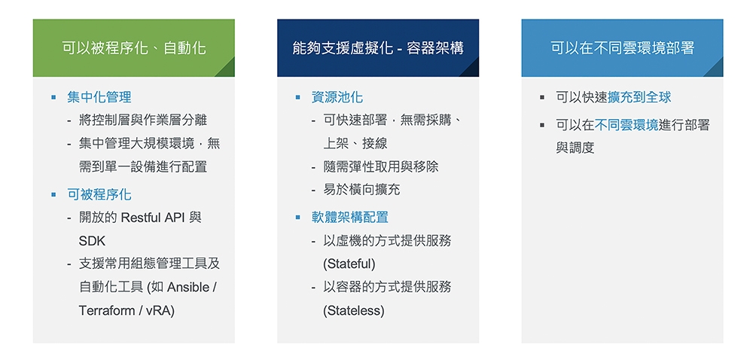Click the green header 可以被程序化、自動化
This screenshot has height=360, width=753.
133,48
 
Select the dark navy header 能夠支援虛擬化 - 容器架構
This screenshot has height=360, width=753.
378,48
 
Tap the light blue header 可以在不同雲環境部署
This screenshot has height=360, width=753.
623,48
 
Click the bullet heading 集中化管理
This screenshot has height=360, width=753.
99,97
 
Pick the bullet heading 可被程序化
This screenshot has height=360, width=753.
99,194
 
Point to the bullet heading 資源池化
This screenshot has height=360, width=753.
337,97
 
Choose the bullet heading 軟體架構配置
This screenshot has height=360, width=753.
349,218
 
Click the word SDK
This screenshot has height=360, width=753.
92,240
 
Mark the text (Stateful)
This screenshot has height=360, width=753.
349,264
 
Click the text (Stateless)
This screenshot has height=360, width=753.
354,310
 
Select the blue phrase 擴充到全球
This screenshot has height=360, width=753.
639,97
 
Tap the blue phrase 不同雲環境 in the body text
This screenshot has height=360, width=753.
626,125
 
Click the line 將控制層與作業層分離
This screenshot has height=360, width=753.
143,120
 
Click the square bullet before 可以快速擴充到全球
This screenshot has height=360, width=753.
542,97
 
